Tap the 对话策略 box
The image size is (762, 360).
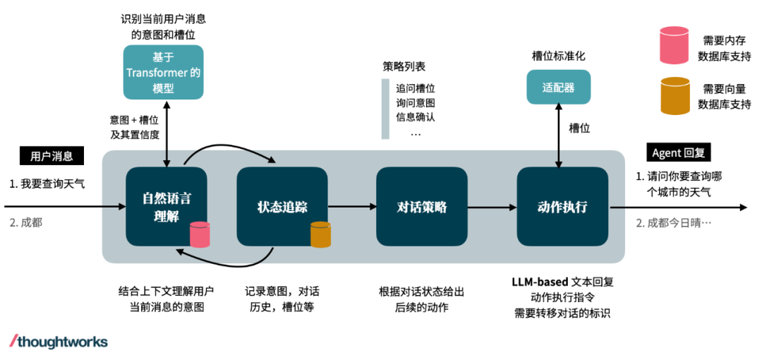[422, 206]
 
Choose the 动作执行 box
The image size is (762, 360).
[562, 206]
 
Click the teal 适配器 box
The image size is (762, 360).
[558, 88]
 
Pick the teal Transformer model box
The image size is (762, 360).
[163, 72]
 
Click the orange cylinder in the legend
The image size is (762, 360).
[675, 96]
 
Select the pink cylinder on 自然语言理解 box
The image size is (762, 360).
[200, 234]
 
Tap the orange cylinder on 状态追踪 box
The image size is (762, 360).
[320, 234]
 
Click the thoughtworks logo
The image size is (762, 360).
[59, 342]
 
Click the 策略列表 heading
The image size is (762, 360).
[404, 67]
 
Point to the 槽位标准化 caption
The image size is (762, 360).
[558, 56]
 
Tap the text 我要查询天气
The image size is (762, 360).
[52, 184]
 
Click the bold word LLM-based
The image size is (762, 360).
[540, 282]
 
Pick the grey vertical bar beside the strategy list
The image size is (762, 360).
[385, 109]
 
